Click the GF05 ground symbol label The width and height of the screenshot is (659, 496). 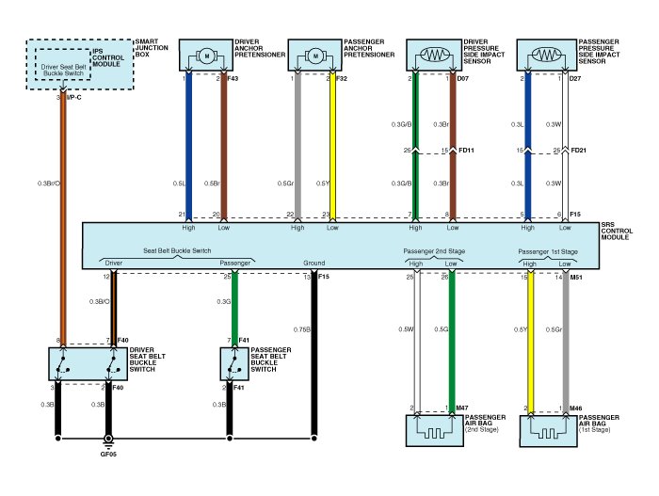point(110,453)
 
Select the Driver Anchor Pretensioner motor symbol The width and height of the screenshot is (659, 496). point(205,56)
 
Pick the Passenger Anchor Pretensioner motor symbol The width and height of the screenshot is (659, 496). point(315,56)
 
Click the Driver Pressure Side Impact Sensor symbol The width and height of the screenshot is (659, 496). point(434,56)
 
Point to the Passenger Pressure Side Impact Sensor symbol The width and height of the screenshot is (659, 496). point(546,56)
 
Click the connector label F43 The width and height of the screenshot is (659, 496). point(233,78)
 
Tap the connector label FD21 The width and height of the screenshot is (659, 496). point(577,151)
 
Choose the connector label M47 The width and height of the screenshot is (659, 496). point(461,408)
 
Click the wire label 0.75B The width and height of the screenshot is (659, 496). point(301,328)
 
